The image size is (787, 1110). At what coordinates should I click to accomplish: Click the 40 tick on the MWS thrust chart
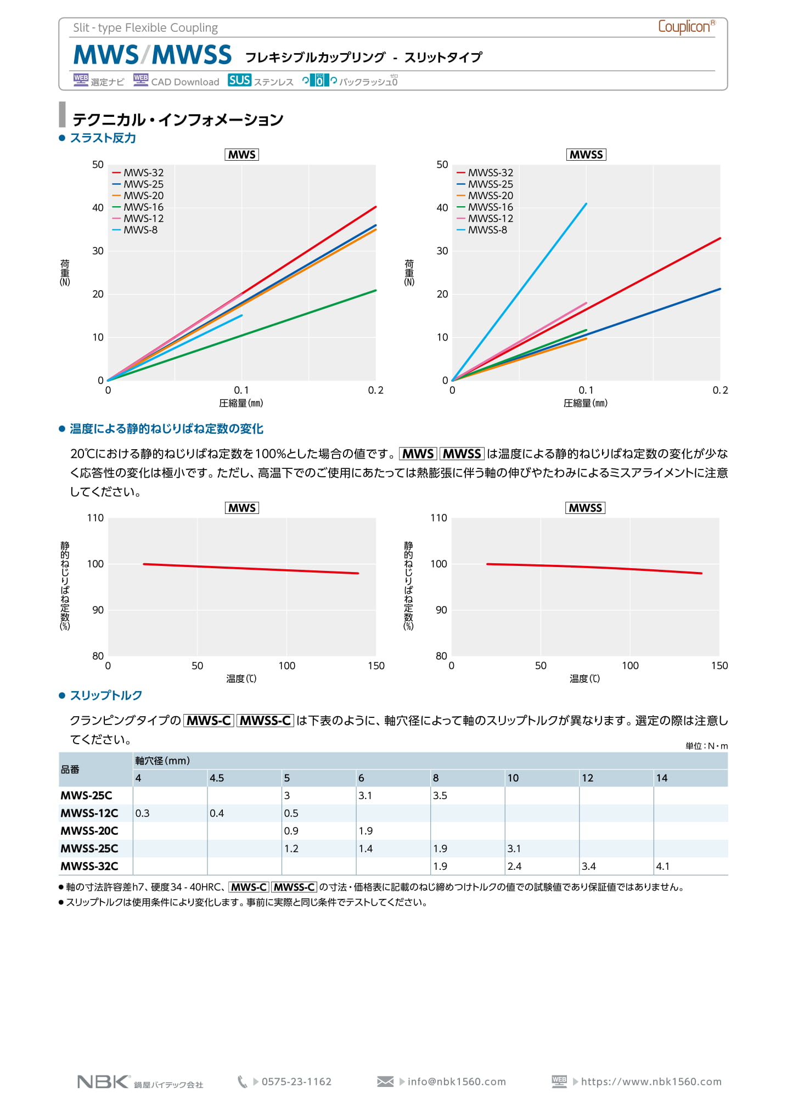point(98,208)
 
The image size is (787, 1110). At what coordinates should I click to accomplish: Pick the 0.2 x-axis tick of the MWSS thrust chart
point(719,390)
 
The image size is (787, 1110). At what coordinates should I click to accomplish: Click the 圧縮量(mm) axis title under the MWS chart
point(241,404)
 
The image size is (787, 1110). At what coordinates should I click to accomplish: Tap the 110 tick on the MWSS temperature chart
point(439,518)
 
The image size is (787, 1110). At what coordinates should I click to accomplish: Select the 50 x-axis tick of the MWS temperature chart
point(197,666)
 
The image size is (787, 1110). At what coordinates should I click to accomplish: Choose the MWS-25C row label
point(86,796)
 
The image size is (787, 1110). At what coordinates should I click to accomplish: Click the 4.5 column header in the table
point(217,778)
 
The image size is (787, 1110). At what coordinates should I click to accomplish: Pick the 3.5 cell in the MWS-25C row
point(440,796)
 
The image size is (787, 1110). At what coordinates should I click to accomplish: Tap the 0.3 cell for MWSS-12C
point(142,813)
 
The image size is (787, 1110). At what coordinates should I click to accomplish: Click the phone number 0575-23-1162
point(296,1082)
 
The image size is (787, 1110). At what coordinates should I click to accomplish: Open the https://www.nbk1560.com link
point(651,1082)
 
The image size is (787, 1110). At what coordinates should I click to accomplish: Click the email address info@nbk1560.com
point(457,1082)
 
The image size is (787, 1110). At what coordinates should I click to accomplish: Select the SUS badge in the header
point(239,81)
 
